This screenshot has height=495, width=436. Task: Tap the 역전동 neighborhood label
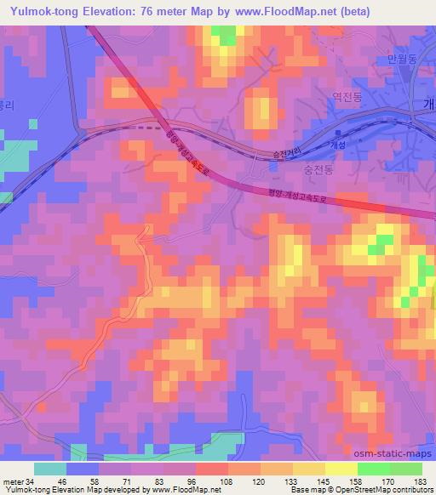[348, 99]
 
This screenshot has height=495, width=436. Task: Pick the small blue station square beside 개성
[339, 134]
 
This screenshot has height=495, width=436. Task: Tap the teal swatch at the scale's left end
[50, 469]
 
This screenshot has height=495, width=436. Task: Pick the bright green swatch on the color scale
[371, 469]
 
